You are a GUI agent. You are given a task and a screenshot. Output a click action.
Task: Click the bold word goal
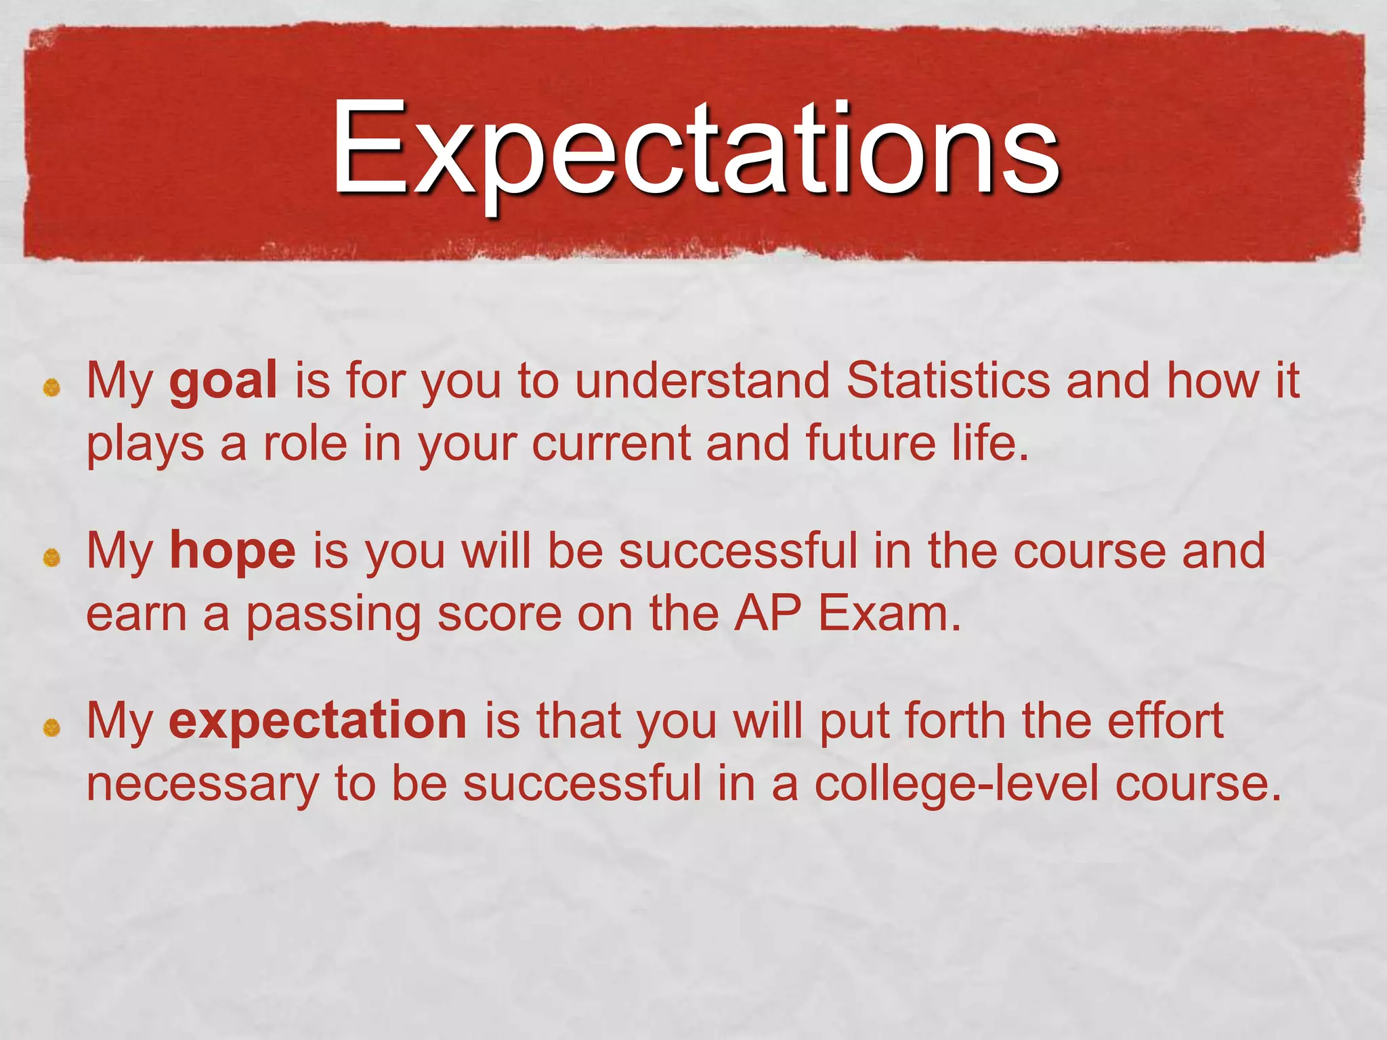(x=223, y=381)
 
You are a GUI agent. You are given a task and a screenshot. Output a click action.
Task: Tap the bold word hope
(x=232, y=551)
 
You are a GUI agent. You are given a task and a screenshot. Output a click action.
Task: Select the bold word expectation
(x=318, y=721)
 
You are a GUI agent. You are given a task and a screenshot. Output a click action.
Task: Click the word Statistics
(x=948, y=381)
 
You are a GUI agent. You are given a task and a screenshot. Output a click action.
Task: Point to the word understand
(x=702, y=381)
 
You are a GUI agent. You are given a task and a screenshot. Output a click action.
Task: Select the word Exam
(x=889, y=613)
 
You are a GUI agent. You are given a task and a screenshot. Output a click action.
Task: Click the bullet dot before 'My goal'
(x=52, y=388)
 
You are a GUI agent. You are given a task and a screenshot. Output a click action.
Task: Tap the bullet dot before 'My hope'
(x=52, y=558)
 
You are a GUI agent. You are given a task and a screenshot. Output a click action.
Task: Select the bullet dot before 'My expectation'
(x=52, y=729)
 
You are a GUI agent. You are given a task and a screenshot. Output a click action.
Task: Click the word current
(x=610, y=443)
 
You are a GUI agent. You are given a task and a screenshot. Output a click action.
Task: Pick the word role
(x=305, y=443)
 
